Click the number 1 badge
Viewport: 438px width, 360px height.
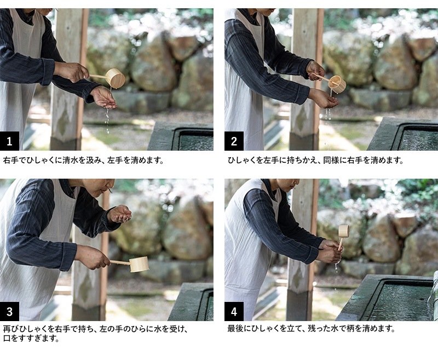(x=9, y=141)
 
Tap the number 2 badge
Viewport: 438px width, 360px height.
(x=234, y=141)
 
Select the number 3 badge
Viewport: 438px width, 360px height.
(x=9, y=311)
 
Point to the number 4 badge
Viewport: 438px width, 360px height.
(x=234, y=311)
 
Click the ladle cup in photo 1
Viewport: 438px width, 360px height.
(x=115, y=78)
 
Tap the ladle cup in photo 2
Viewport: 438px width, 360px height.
(x=337, y=84)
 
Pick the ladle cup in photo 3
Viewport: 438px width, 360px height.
(x=139, y=264)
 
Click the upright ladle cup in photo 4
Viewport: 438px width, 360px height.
(x=344, y=231)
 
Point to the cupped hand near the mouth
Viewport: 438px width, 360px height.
(x=119, y=214)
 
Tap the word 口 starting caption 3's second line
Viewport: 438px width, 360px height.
(x=7, y=338)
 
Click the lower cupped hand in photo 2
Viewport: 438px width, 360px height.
(x=324, y=98)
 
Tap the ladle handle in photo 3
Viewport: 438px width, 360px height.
(x=120, y=262)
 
